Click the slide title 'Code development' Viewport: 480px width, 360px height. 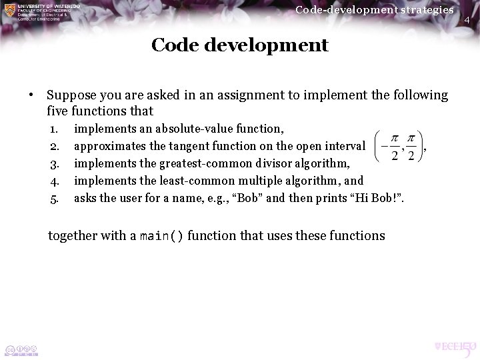[x=239, y=45]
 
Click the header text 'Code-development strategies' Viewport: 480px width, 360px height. [x=374, y=9]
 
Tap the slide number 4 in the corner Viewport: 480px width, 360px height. [x=467, y=21]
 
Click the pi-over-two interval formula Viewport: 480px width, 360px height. [x=399, y=145]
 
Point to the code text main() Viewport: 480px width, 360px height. [x=162, y=236]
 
